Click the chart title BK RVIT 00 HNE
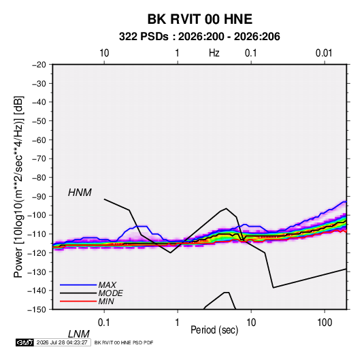coord(199,19)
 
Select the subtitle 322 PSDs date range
coord(199,37)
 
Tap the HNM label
coord(80,193)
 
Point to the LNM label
coord(79,334)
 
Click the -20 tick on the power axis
coord(39,65)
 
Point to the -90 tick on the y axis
coord(39,196)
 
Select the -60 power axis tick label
coord(39,140)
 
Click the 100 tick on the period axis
coord(325,323)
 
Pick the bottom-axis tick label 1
coord(178,323)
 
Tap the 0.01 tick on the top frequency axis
coord(324,53)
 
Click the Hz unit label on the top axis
coord(214,53)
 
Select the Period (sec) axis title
coord(214,330)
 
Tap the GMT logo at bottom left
coord(24,342)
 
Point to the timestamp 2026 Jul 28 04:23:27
coord(62,342)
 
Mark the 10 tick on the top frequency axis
coord(104,53)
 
